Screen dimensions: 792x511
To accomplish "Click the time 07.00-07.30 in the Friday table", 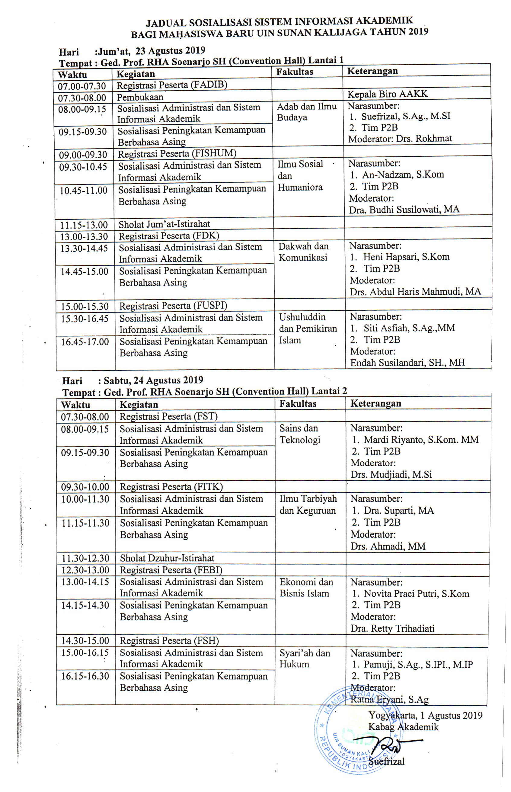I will click(x=81, y=86).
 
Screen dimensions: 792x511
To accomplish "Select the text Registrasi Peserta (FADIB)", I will click(x=171, y=85).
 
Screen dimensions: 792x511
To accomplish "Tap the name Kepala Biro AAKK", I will click(x=387, y=94).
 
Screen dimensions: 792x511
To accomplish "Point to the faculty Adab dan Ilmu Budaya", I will click(x=306, y=112).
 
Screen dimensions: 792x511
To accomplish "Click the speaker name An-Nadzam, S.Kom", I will click(x=403, y=175).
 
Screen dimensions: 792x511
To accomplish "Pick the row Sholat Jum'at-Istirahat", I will click(x=164, y=224).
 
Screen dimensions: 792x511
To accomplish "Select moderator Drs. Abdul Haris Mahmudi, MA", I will click(x=415, y=292).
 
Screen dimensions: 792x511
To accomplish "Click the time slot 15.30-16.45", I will click(x=84, y=319).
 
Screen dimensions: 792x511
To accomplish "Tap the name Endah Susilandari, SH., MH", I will click(x=407, y=362).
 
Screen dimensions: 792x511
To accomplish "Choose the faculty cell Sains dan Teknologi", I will click(x=300, y=434).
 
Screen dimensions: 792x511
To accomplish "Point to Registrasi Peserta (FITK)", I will click(x=171, y=487).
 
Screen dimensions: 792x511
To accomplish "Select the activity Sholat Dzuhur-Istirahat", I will click(x=167, y=558).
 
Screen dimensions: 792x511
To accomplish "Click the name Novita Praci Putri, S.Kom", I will click(x=416, y=594).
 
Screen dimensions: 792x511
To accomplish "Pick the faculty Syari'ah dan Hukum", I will click(x=305, y=659).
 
